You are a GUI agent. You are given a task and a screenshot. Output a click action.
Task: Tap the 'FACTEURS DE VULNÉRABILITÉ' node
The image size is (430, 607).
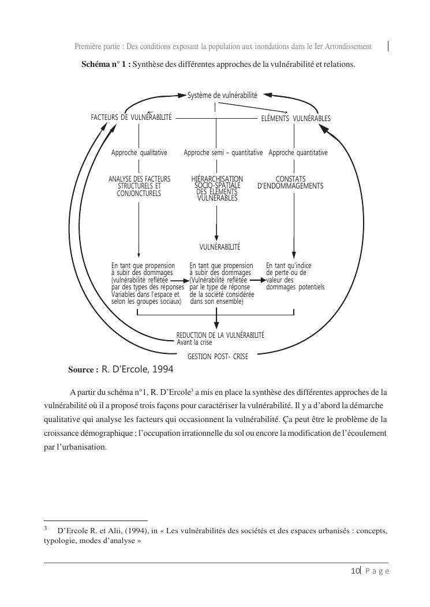pyautogui.click(x=131, y=117)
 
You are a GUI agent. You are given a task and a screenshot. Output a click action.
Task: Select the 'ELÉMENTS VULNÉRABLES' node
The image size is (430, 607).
pyautogui.click(x=296, y=118)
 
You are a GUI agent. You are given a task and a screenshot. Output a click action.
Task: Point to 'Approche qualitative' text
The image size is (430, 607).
pyautogui.click(x=139, y=153)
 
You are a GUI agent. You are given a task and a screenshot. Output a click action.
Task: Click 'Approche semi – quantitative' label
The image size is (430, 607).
pyautogui.click(x=223, y=153)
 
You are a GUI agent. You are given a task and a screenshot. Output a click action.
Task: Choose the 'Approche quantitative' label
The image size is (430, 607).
pyautogui.click(x=298, y=153)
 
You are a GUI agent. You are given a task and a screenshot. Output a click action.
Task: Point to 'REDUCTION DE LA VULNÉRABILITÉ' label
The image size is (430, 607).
pyautogui.click(x=220, y=335)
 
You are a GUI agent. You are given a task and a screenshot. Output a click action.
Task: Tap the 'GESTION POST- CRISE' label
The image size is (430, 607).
pyautogui.click(x=218, y=357)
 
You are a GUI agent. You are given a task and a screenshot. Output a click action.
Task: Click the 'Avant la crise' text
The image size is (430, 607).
pyautogui.click(x=195, y=342)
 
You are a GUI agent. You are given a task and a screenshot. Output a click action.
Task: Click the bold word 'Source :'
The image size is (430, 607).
pyautogui.click(x=83, y=369)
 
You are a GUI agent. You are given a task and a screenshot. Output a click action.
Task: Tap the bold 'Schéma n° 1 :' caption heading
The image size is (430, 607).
pyautogui.click(x=106, y=65)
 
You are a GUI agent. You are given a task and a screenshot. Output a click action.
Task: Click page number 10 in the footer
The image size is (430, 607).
pyautogui.click(x=355, y=571)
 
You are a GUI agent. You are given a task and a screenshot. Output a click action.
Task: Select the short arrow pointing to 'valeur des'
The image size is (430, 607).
pyautogui.click(x=259, y=280)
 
